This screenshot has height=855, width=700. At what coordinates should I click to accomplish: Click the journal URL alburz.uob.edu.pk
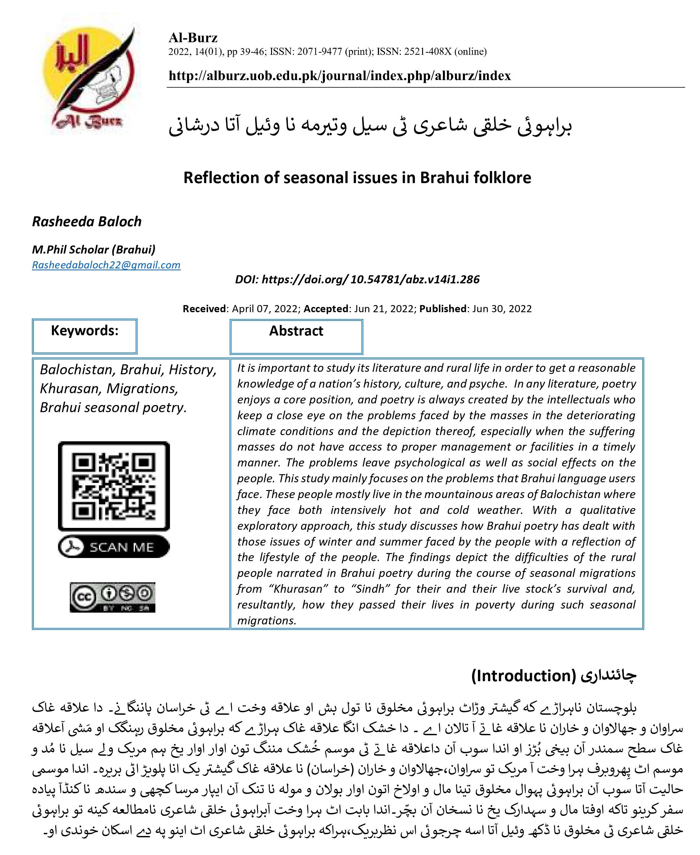click(x=340, y=75)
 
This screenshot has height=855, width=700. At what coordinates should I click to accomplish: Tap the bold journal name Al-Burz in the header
click(x=193, y=38)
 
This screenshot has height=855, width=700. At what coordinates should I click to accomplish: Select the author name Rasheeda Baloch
click(x=87, y=222)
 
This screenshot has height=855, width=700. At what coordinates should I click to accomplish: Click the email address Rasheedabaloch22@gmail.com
click(x=106, y=265)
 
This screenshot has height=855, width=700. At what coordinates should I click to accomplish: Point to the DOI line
click(x=357, y=280)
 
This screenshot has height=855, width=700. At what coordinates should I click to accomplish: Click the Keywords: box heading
click(x=85, y=331)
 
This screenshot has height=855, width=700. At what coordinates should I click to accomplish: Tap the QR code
click(x=114, y=486)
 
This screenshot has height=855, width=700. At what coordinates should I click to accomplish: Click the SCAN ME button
click(x=114, y=547)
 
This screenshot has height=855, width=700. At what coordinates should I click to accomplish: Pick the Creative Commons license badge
click(x=113, y=597)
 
